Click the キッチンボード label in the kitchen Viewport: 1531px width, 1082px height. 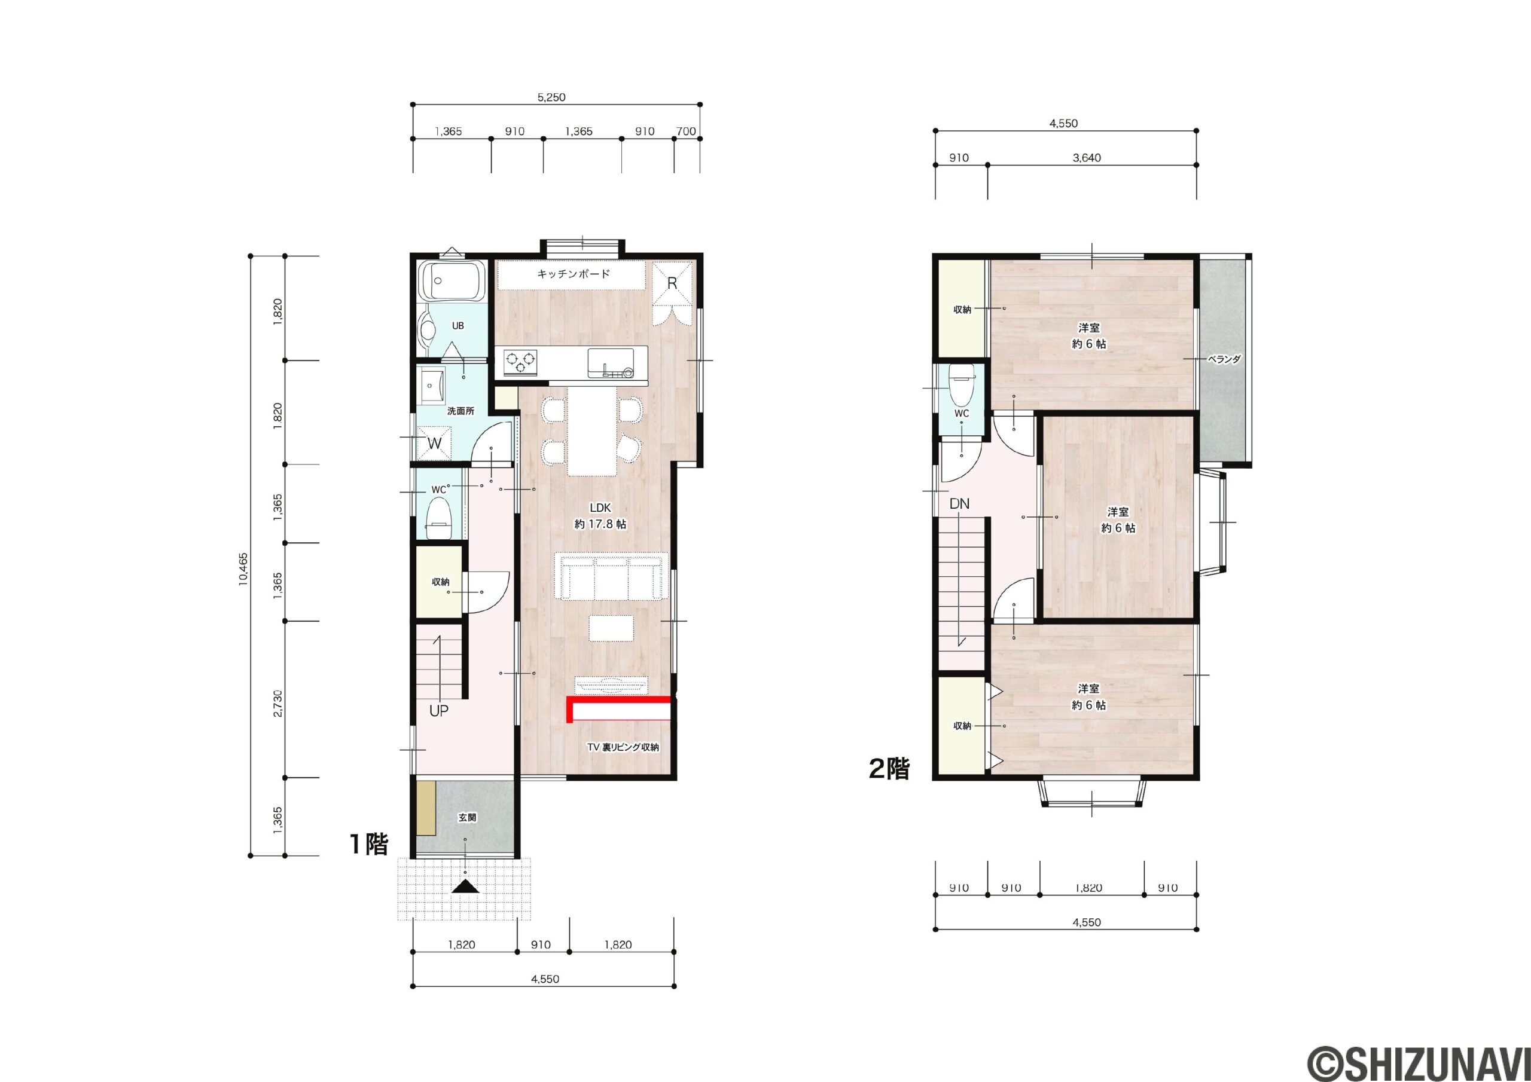click(574, 274)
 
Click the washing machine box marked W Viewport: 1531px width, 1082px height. click(435, 444)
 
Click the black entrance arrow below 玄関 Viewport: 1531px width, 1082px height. click(465, 887)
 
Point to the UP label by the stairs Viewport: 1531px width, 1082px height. click(439, 711)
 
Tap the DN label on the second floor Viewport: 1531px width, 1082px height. click(959, 504)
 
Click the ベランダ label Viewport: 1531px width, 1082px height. click(1224, 359)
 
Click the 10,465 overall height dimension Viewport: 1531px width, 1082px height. click(243, 568)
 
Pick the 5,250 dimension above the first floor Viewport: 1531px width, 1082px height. click(551, 97)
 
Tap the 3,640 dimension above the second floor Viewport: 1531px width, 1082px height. click(1087, 158)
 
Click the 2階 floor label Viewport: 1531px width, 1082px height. click(889, 770)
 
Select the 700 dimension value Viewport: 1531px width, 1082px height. click(686, 132)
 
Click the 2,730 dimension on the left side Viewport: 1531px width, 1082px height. click(278, 704)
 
